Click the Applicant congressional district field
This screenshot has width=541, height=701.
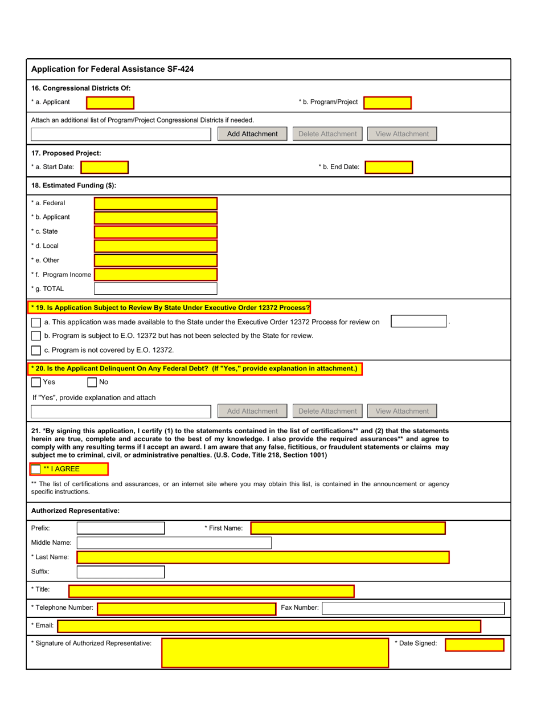110,103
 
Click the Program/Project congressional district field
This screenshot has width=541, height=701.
387,103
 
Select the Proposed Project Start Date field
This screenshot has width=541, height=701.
105,167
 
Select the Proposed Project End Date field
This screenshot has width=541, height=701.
388,167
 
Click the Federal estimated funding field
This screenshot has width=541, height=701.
155,203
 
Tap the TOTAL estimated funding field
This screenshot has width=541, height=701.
155,288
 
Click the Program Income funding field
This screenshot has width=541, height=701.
155,275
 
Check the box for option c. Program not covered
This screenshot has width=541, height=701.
36,349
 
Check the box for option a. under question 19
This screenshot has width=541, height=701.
36,323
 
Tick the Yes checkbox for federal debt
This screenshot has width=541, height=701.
36,382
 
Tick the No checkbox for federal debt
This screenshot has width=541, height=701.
92,382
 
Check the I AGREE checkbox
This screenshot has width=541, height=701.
36,469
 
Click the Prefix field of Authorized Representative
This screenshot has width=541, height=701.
121,528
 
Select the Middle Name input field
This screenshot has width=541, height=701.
174,543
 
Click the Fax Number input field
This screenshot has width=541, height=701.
413,608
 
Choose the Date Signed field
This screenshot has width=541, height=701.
474,645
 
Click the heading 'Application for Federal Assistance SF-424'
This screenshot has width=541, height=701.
112,70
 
